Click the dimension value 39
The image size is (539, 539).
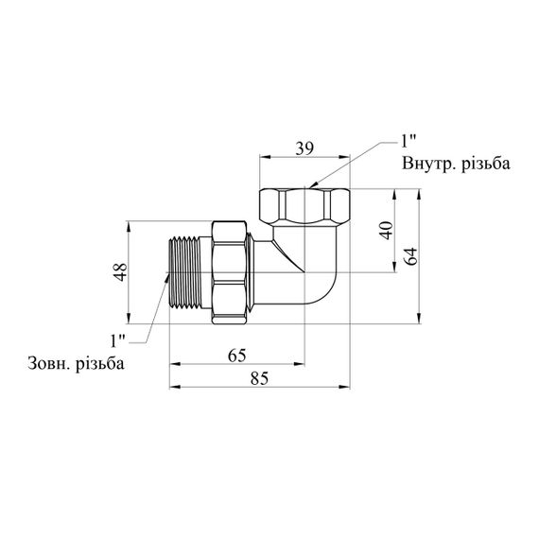[x=304, y=148]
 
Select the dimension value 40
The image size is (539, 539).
[x=387, y=231]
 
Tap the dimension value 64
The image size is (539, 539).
[x=411, y=255]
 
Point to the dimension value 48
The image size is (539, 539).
[x=120, y=272]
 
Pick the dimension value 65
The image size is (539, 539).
[x=237, y=356]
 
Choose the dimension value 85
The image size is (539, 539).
[x=259, y=378]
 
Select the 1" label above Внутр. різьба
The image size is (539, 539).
[x=409, y=141]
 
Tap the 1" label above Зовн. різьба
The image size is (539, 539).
[x=118, y=340]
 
